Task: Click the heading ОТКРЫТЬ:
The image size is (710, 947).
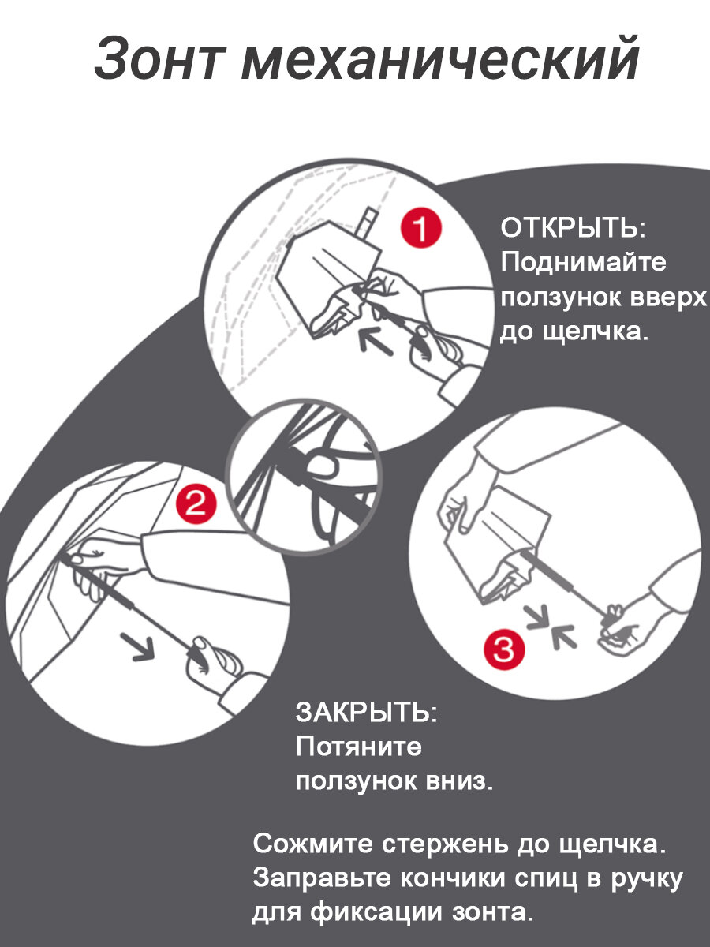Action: [574, 228]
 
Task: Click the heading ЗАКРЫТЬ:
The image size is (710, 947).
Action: [366, 712]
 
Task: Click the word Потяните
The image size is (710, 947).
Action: [359, 746]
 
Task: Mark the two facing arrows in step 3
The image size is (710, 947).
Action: [551, 631]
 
